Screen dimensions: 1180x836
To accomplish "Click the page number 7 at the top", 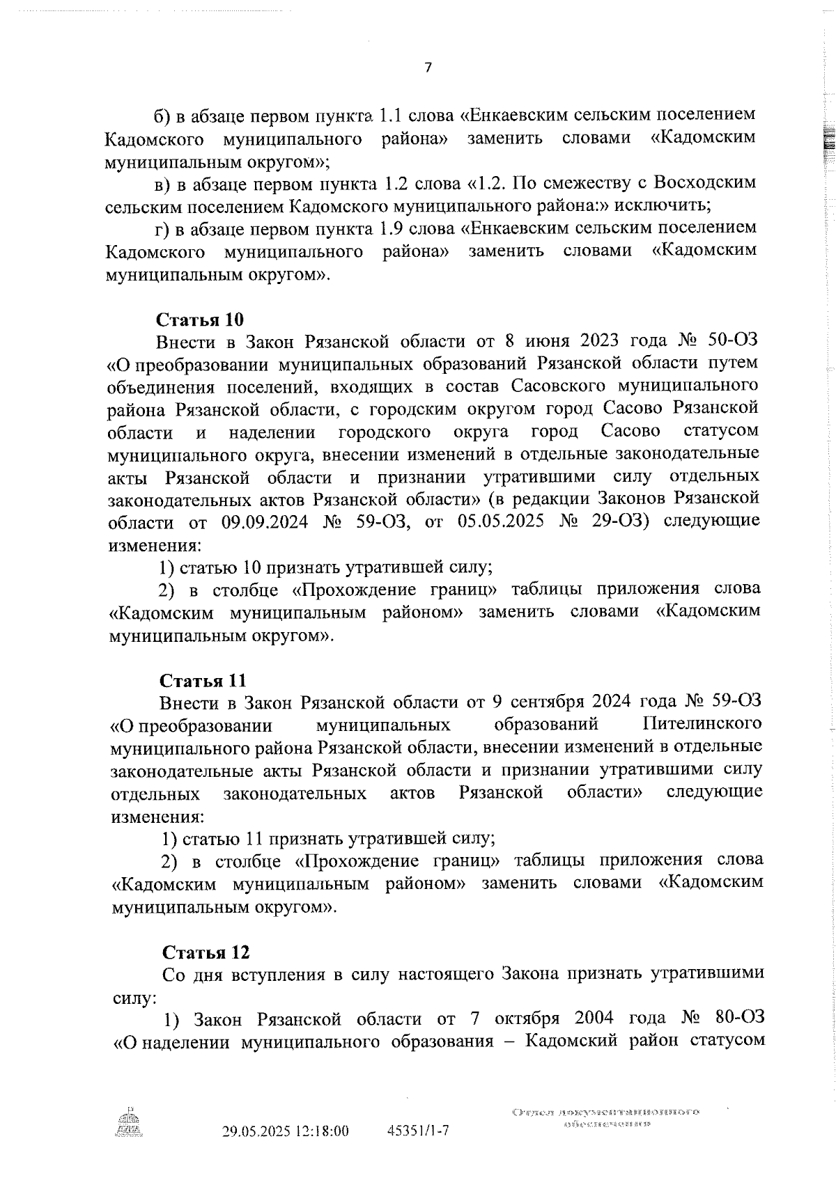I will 428,68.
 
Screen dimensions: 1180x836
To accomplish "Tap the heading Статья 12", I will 206,952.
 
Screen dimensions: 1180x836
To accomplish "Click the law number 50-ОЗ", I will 731,341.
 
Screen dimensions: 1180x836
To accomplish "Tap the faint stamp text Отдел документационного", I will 605,1112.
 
